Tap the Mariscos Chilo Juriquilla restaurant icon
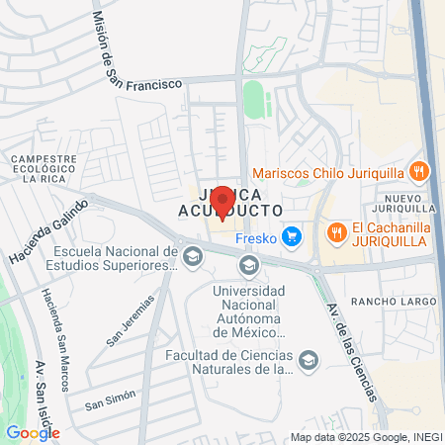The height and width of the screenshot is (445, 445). click(x=420, y=171)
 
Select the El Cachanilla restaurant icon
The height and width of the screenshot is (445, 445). click(x=336, y=233)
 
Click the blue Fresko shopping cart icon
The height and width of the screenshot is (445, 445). click(x=291, y=235)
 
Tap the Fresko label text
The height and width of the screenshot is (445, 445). click(x=254, y=236)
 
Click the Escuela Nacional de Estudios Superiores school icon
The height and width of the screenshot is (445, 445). click(x=193, y=257)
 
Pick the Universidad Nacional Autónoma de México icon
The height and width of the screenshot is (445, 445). click(x=250, y=264)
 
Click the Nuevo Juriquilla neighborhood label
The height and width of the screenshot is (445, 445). click(x=406, y=202)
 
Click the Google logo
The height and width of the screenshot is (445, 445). click(x=33, y=432)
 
